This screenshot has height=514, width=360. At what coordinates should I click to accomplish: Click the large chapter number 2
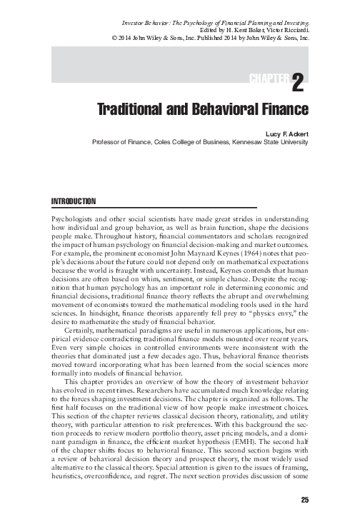299,84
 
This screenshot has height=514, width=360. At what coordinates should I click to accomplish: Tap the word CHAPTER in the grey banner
270,78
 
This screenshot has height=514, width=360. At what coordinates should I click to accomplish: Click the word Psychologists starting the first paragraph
72,216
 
